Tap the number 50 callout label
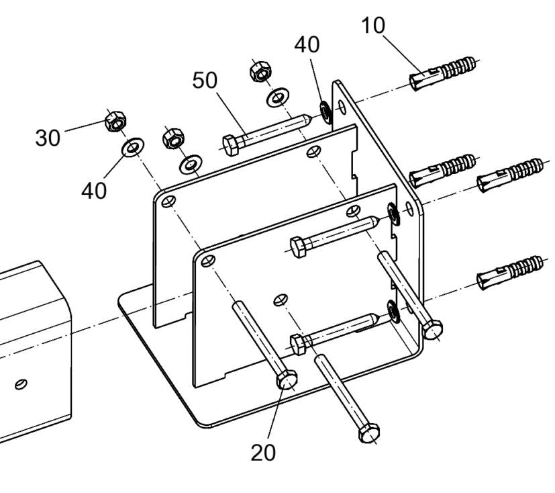[205, 80]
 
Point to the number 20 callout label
[263, 452]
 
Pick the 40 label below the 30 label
[94, 190]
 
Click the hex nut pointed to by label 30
[116, 123]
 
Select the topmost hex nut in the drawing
[258, 71]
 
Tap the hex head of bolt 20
[287, 380]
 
